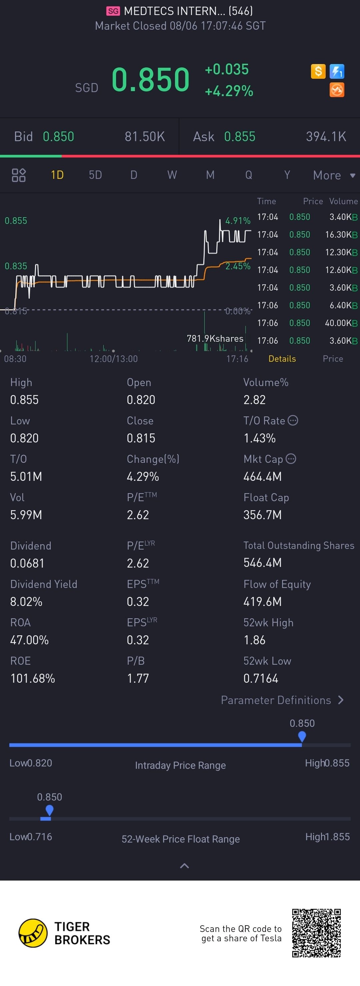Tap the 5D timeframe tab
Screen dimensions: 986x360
pyautogui.click(x=95, y=175)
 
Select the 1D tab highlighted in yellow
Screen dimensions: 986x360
pyautogui.click(x=57, y=175)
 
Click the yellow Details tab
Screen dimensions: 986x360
pyautogui.click(x=282, y=359)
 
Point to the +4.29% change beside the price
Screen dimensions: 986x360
pyautogui.click(x=229, y=91)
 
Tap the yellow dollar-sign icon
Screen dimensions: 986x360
pyautogui.click(x=318, y=71)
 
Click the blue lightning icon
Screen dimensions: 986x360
pyautogui.click(x=337, y=71)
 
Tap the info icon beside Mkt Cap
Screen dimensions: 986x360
pyautogui.click(x=291, y=458)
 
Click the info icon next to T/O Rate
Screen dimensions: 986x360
pyautogui.click(x=293, y=420)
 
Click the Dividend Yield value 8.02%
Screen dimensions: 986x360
pyautogui.click(x=26, y=601)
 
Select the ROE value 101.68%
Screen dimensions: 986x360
pyautogui.click(x=33, y=678)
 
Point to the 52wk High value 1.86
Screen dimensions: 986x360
pyautogui.click(x=254, y=640)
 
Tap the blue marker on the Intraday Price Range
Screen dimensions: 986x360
pyautogui.click(x=302, y=736)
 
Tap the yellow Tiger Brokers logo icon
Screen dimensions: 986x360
pyautogui.click(x=33, y=933)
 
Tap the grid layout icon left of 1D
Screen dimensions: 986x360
pyautogui.click(x=19, y=175)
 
